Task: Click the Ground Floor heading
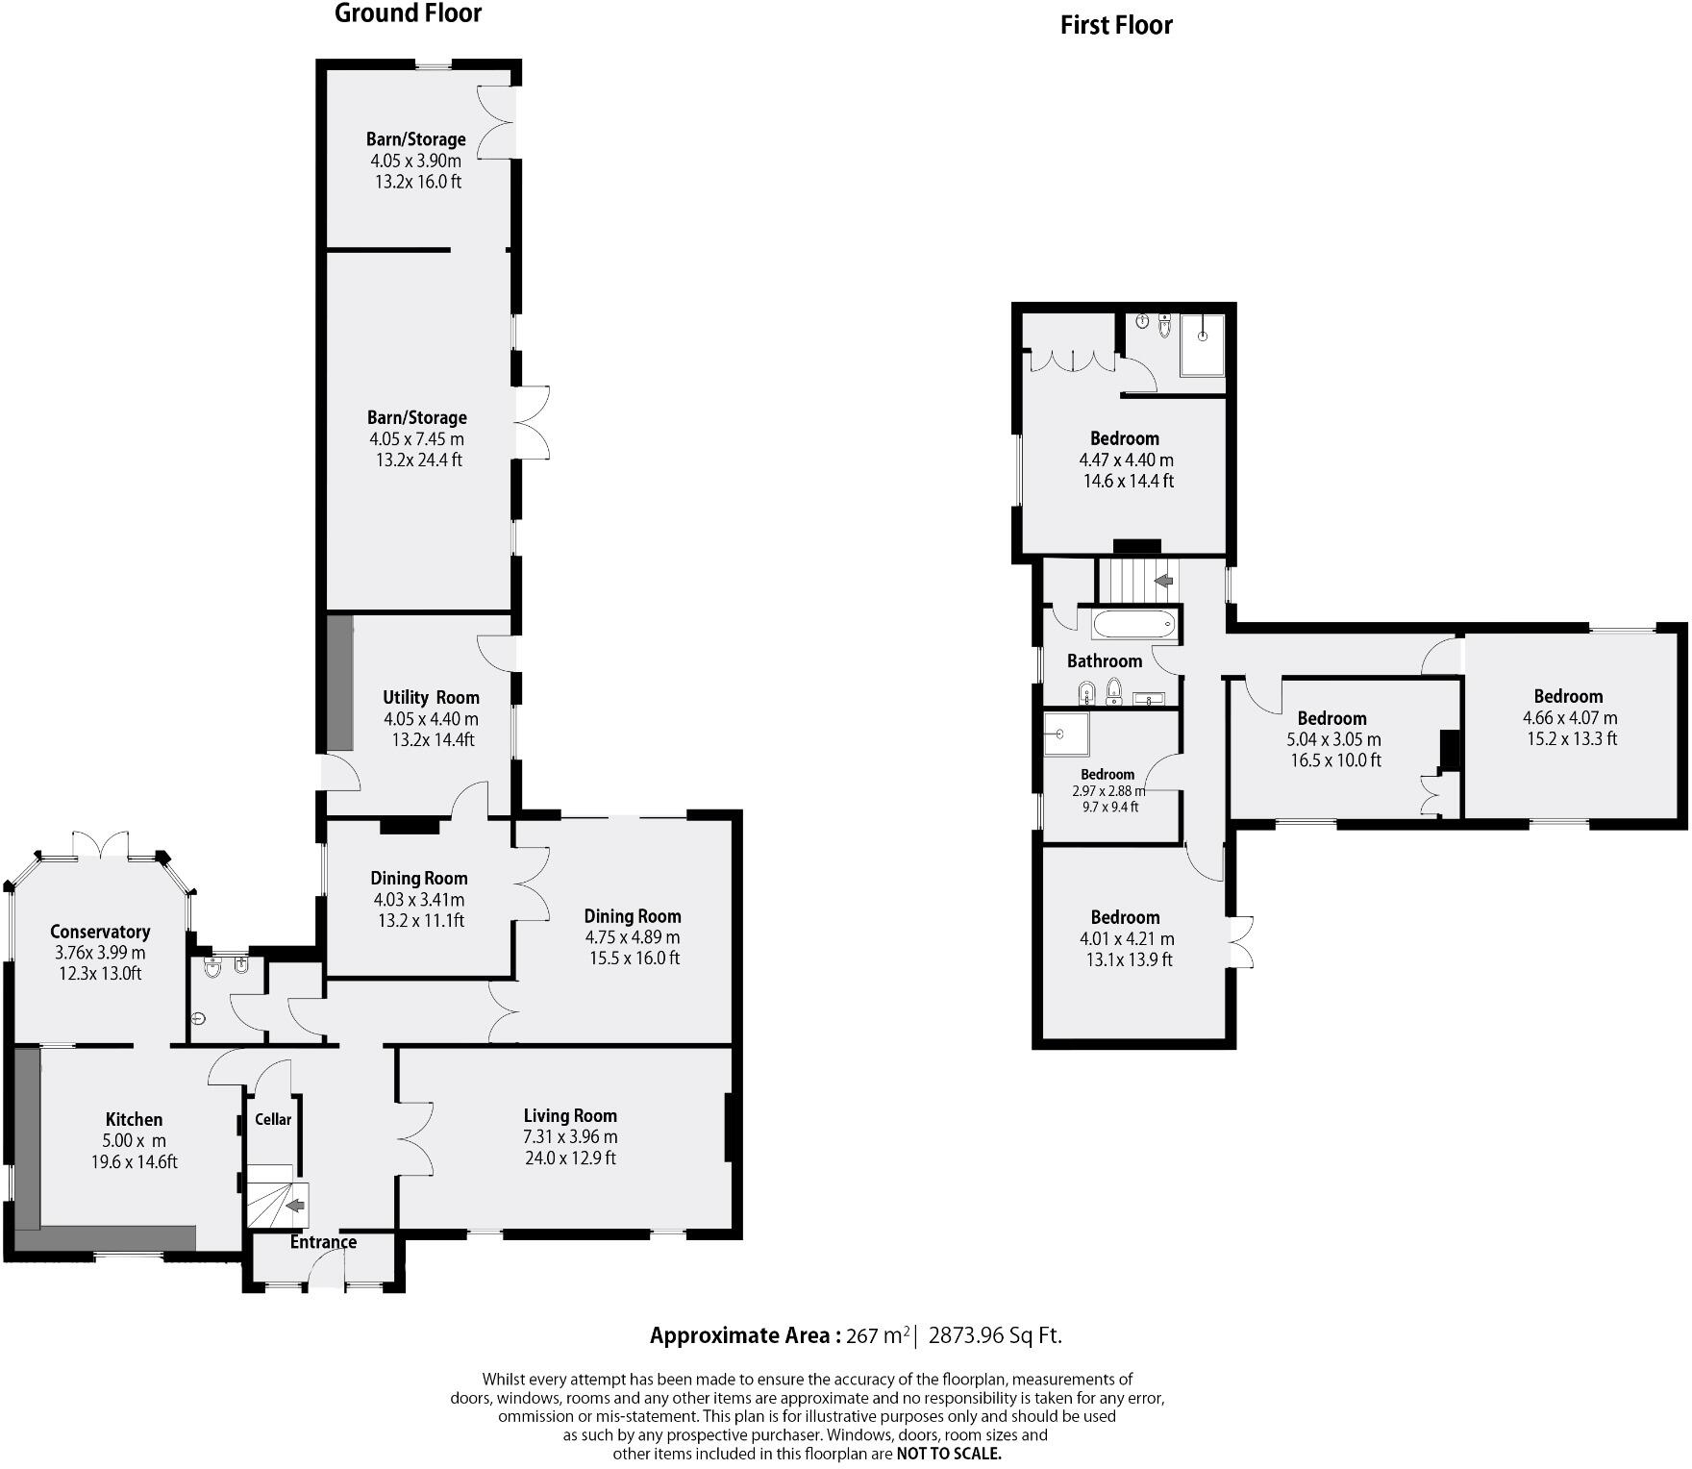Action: (x=408, y=13)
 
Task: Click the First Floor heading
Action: (x=1115, y=26)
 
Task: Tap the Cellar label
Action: (x=273, y=1120)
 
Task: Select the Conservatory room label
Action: (x=100, y=932)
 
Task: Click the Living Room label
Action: (x=570, y=1116)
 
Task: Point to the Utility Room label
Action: (x=431, y=698)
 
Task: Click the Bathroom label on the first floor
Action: (x=1105, y=661)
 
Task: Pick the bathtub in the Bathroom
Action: (x=1134, y=625)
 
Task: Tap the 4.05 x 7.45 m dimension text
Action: (x=416, y=439)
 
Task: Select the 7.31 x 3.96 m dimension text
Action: (x=570, y=1137)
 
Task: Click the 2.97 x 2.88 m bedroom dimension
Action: (x=1108, y=791)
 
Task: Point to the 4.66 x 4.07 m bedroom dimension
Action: (x=1570, y=718)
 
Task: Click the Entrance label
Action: (x=323, y=1242)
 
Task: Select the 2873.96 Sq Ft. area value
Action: (x=995, y=1335)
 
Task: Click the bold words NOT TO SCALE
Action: (x=949, y=1454)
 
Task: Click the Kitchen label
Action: (x=134, y=1120)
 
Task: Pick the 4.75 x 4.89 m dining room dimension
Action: (x=633, y=937)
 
